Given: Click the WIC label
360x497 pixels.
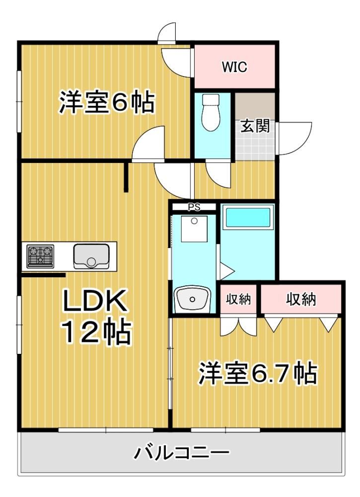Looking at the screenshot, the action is (234, 67).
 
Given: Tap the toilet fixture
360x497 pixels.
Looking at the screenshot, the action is (211, 112).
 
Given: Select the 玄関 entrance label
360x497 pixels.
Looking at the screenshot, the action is (255, 126).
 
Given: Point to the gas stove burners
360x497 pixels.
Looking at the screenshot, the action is (40, 255).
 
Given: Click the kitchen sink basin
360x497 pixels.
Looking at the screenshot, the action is (91, 256).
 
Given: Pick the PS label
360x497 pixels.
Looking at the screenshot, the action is (194, 207).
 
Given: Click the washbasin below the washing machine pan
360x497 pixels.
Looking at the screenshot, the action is (192, 299).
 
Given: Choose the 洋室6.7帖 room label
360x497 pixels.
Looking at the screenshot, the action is (257, 373).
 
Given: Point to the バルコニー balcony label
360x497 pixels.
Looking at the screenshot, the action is (181, 453).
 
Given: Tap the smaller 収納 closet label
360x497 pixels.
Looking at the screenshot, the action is (238, 299).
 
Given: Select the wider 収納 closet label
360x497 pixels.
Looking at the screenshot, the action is (301, 299).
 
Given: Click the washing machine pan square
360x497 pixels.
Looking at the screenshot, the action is (194, 229).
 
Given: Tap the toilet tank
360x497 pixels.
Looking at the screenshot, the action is (211, 99).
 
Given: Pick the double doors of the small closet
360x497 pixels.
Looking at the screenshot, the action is (238, 326).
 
